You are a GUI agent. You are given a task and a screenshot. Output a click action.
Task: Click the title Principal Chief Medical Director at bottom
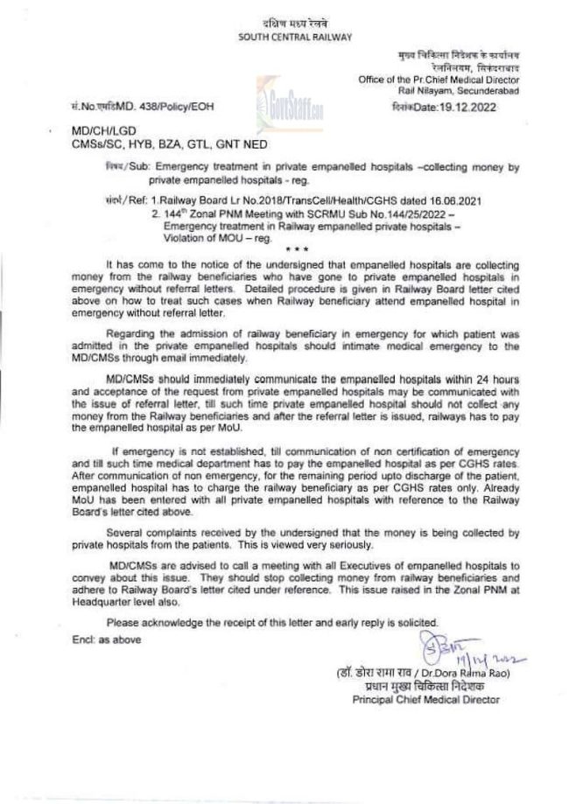(425, 701)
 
